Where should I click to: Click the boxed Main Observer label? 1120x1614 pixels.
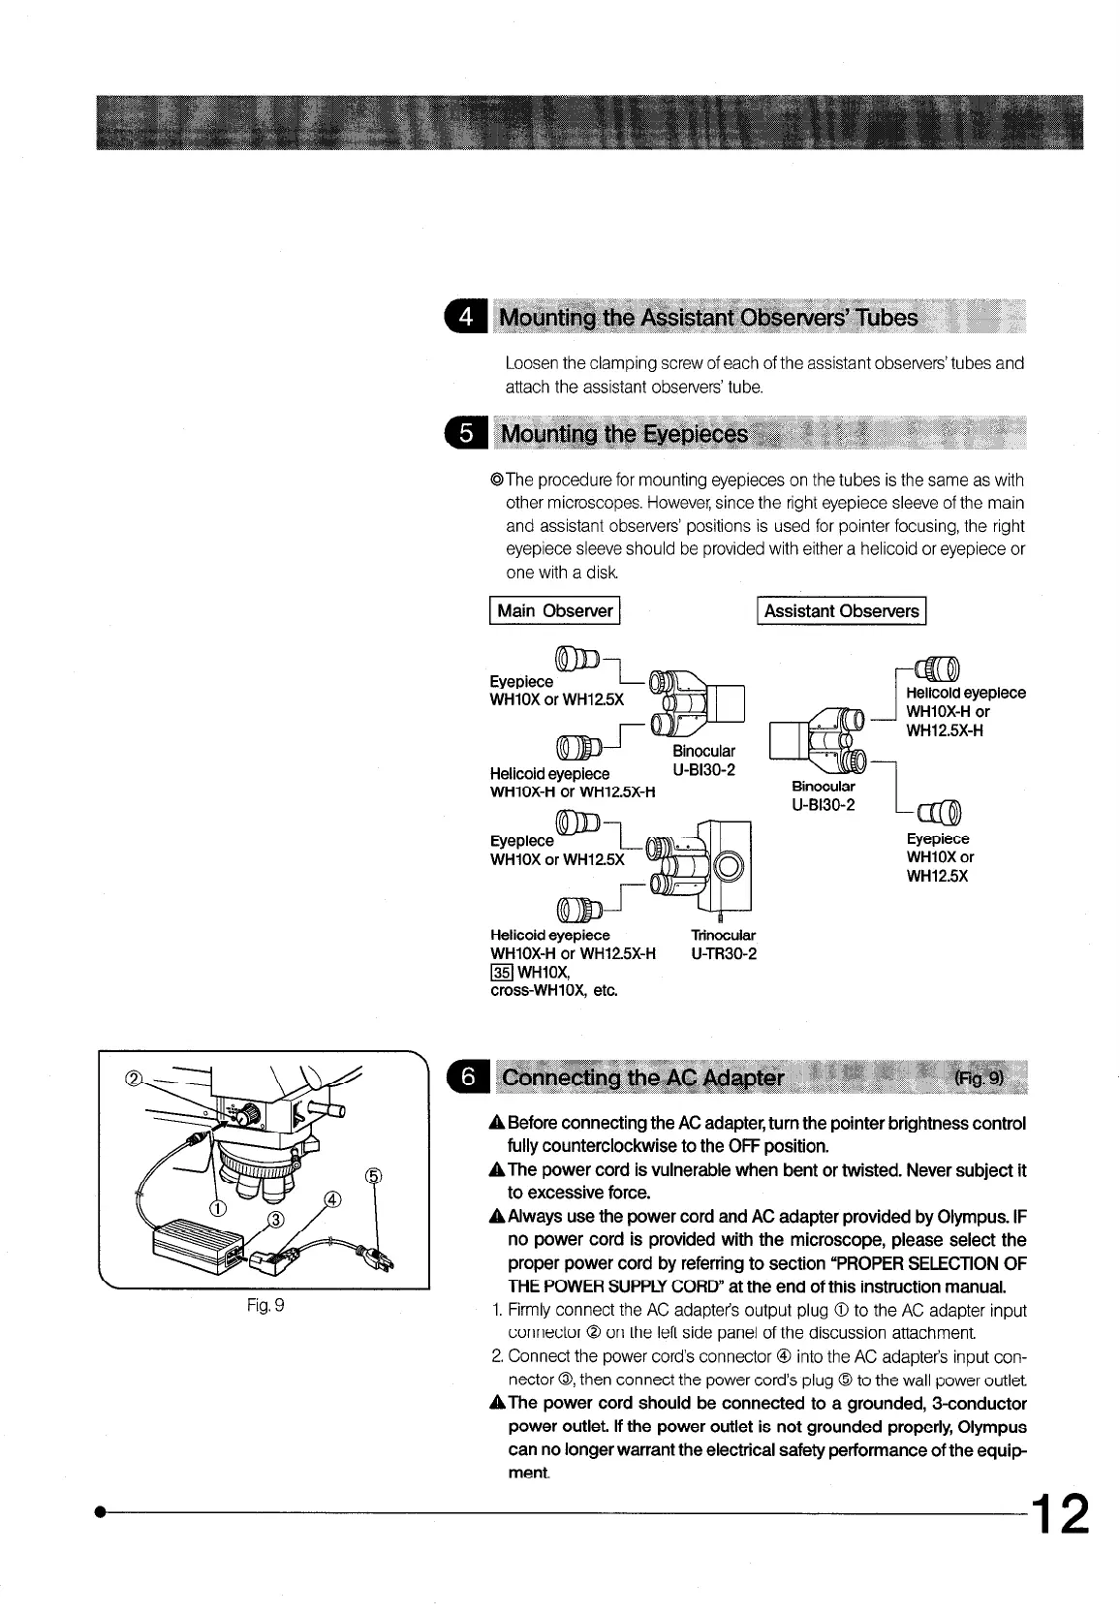[x=554, y=610]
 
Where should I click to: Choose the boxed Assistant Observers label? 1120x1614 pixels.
[x=841, y=610]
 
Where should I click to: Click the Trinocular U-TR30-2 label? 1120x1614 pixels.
[x=723, y=945]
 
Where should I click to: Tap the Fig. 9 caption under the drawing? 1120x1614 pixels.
[x=264, y=1305]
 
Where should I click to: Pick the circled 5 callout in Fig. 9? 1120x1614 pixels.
[x=371, y=1176]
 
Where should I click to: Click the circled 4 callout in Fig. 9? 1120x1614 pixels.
[x=332, y=1201]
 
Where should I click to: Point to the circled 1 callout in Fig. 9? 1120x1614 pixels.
[x=218, y=1207]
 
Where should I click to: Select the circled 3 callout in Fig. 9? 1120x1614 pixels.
[x=274, y=1218]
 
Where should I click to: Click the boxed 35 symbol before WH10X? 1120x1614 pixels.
[x=502, y=972]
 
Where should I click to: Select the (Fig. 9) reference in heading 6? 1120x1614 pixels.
[x=980, y=1077]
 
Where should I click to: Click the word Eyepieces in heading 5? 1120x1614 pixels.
[x=695, y=434]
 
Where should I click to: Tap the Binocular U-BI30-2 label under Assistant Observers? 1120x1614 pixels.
[x=823, y=795]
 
